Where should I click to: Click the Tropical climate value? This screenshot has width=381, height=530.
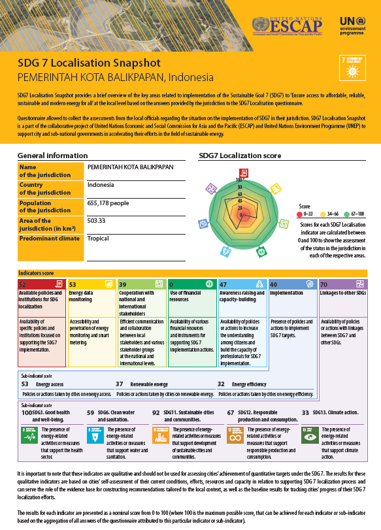(x=98, y=239)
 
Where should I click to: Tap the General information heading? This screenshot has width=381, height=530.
(x=52, y=156)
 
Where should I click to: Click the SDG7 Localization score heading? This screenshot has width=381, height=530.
(x=240, y=156)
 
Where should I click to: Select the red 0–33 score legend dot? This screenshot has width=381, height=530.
(x=300, y=214)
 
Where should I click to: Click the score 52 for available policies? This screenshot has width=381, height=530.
(x=23, y=285)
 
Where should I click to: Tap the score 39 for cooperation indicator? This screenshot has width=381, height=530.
(x=123, y=285)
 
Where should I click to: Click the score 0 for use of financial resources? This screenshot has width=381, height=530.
(x=171, y=285)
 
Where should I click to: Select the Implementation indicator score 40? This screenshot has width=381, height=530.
(x=273, y=285)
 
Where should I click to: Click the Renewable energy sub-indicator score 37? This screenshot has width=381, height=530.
(x=120, y=385)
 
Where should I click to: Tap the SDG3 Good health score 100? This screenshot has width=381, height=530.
(x=27, y=413)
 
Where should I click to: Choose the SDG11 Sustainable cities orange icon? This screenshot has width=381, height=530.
(x=160, y=435)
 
